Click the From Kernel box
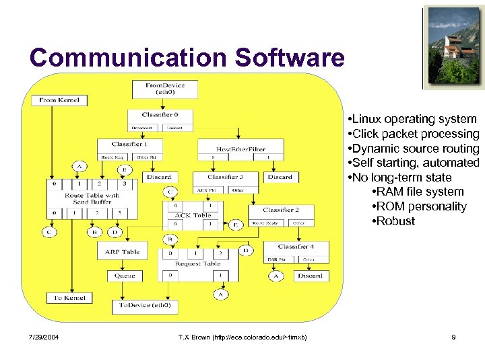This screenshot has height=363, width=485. [59, 100]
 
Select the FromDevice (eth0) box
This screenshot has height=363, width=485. [165, 89]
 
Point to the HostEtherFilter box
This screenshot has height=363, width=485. [240, 149]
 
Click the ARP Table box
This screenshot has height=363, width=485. [123, 252]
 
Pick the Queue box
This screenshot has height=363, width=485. [125, 276]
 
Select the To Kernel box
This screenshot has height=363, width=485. [69, 298]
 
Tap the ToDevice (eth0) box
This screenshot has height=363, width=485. [145, 305]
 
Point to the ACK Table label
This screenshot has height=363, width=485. [193, 215]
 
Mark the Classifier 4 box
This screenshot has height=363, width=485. [294, 247]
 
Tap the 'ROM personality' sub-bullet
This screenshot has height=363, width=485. [422, 206]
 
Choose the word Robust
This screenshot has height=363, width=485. [397, 221]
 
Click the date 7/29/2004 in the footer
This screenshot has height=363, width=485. [44, 337]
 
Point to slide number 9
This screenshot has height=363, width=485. [453, 337]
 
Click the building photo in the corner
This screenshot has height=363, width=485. [454, 47]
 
